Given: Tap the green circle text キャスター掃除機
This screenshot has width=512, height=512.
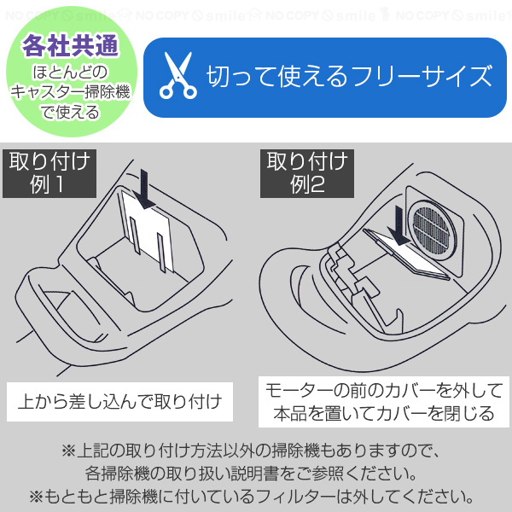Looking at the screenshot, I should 69,91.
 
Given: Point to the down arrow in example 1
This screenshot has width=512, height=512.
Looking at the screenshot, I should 145,188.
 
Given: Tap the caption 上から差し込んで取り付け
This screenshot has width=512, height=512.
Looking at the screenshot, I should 119,400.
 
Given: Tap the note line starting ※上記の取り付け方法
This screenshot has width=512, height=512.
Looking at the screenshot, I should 256,450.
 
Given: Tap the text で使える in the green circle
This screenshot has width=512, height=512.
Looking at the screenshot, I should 69,112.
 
